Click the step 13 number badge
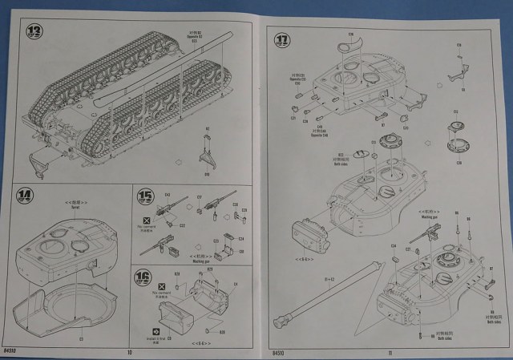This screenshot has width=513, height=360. coord(33,31)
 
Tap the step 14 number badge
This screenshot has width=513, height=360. coord(26,196)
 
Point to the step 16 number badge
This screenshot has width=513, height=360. coord(142,278)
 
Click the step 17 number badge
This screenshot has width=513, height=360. coord(282,39)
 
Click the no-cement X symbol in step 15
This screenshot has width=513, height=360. coord(146,219)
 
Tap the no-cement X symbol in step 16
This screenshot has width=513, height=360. coord(162,285)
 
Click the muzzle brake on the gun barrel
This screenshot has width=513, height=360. coord(282,323)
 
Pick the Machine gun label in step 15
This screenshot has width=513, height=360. coord(199,259)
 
